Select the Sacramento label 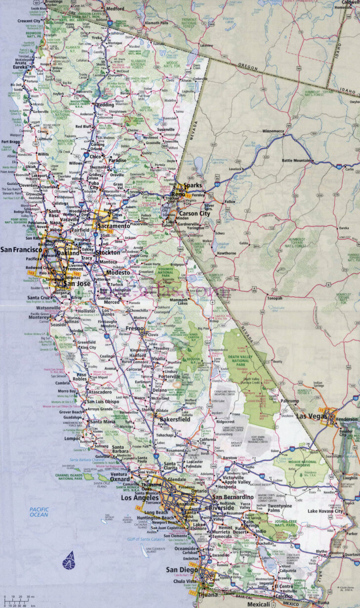click(x=114, y=225)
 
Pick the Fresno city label click(x=134, y=328)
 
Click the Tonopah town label click(x=274, y=298)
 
